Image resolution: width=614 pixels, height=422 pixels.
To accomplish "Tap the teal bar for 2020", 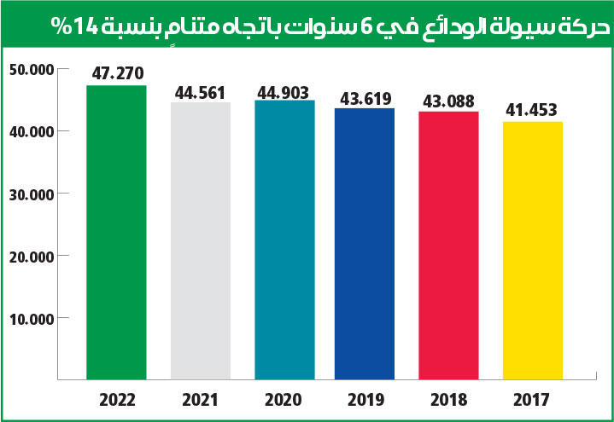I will click(285, 240).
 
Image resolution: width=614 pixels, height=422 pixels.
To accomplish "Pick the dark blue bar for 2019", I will click(365, 243).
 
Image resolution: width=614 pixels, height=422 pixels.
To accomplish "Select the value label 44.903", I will click(285, 90).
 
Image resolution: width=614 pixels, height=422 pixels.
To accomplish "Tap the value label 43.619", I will click(365, 97).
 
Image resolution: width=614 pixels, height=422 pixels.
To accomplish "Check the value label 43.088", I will click(449, 100).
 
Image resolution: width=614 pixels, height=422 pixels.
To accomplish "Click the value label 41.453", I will click(533, 110).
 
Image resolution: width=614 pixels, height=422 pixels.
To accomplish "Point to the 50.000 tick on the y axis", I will click(31, 69).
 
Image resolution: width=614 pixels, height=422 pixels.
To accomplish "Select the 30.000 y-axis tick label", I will click(31, 194).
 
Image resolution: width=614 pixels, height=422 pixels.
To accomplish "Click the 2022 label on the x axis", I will click(117, 399).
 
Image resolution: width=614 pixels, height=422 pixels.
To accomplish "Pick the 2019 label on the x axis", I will click(365, 399).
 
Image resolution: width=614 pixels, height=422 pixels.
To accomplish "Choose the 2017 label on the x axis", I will click(532, 399).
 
